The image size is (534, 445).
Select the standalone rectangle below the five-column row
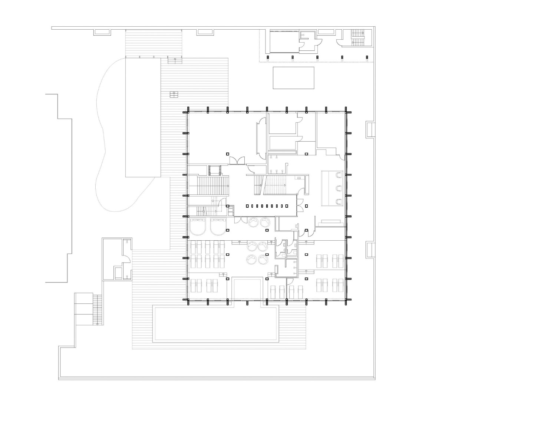(293, 78)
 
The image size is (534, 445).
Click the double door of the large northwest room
(236, 160)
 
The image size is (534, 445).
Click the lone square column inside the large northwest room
(228, 154)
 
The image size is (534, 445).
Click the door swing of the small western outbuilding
(126, 258)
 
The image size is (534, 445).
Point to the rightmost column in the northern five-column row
(367, 57)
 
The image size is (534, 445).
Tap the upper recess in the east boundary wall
(370, 129)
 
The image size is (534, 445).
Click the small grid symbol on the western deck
(174, 95)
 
